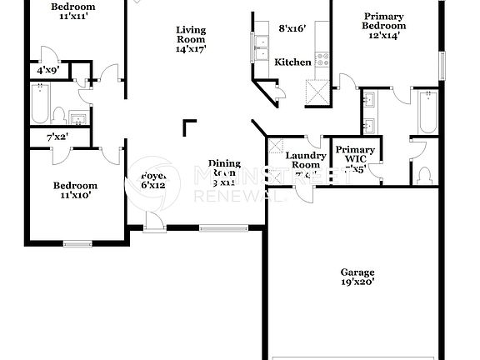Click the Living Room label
[x=191, y=39]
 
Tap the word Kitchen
[x=292, y=62]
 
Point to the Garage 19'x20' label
[x=357, y=277]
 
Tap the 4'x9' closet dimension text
[x=47, y=71]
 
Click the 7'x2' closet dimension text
[x=56, y=136]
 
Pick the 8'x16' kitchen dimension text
[x=292, y=28]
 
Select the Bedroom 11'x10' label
[x=75, y=191]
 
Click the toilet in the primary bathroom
[x=425, y=175]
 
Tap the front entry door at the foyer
[x=152, y=220]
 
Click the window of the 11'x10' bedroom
[x=77, y=243]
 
